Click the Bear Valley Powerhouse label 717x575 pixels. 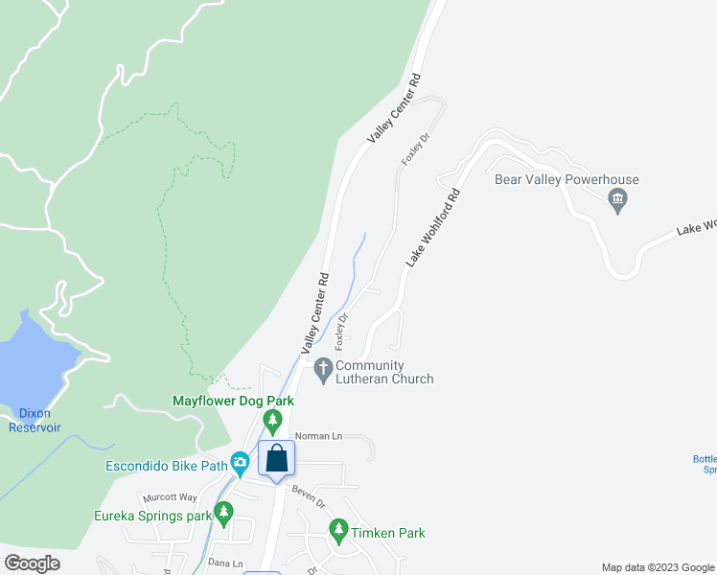567,179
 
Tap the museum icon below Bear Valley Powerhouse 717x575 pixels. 617,201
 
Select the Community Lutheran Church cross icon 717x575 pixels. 323,367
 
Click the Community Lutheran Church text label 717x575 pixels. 384,372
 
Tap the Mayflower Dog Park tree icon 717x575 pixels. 273,420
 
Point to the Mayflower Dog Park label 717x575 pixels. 232,401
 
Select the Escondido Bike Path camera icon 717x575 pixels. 240,464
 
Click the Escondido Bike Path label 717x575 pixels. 166,467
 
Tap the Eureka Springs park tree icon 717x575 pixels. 223,513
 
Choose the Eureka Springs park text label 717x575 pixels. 152,516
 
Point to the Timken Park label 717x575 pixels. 388,533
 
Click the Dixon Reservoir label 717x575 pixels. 35,420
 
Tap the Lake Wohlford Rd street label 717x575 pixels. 433,227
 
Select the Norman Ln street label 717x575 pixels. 318,436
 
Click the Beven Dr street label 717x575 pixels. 309,501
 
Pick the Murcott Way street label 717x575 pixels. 169,498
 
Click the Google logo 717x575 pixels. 32,563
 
